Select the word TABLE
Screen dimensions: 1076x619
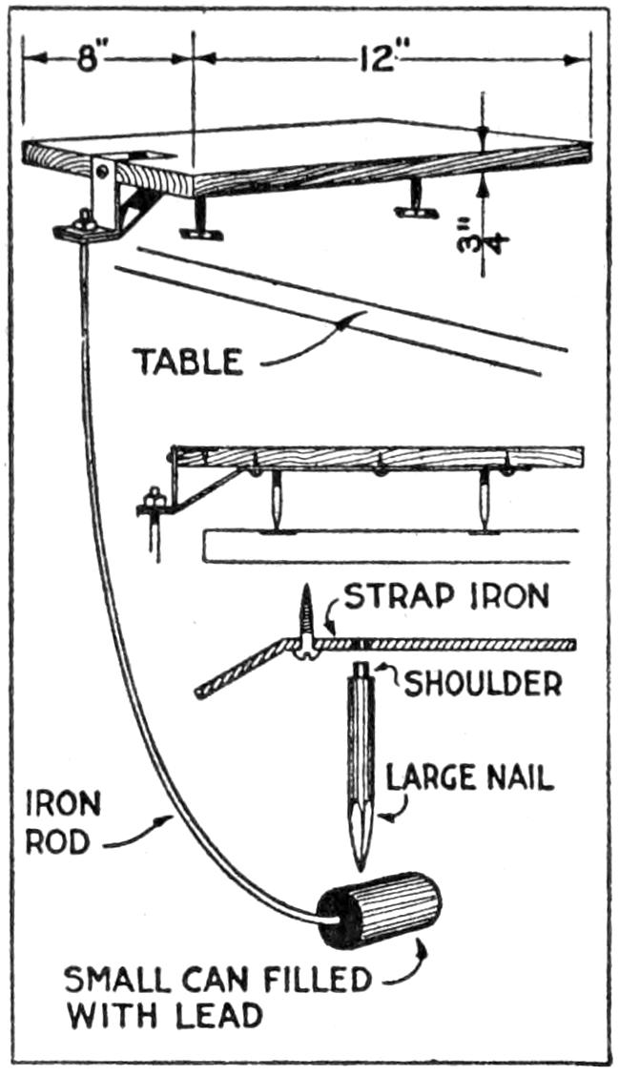[187, 362]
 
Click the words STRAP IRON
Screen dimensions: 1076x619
[445, 598]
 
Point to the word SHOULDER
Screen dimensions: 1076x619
[482, 683]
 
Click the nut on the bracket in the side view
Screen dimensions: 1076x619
[150, 499]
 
